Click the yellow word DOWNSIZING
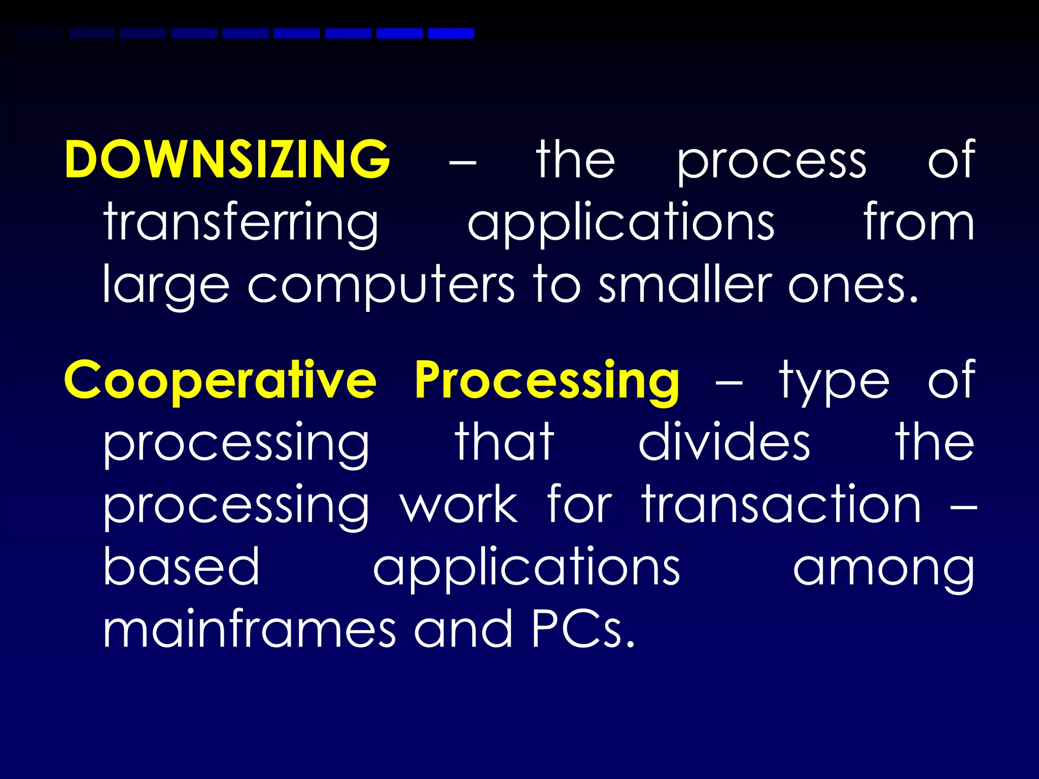point(227,159)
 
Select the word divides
point(724,442)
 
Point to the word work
point(459,504)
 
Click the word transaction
point(782,504)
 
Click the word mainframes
point(249,629)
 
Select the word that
point(504,442)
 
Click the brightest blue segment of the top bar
point(451,33)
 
